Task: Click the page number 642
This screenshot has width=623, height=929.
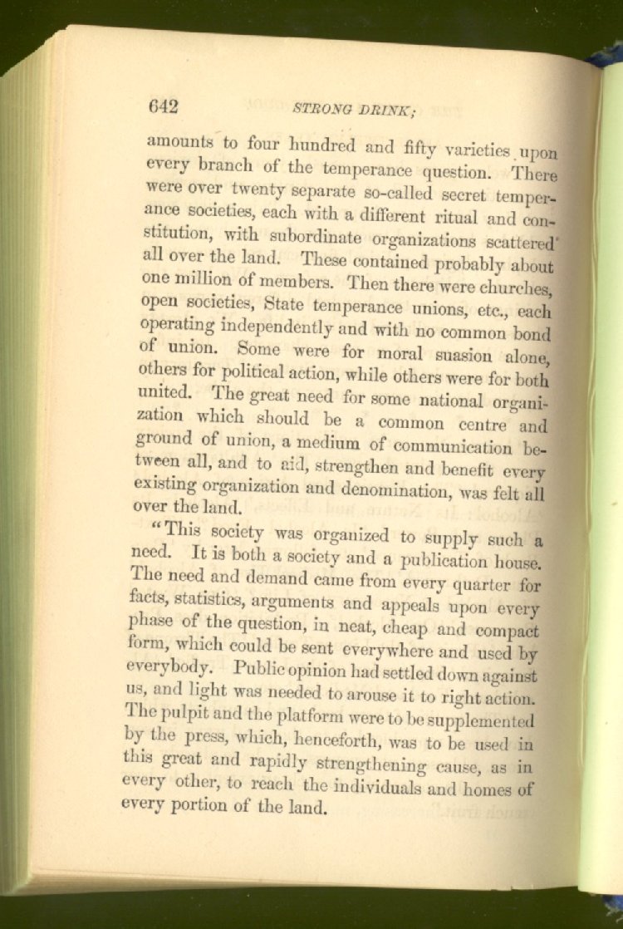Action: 164,106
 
